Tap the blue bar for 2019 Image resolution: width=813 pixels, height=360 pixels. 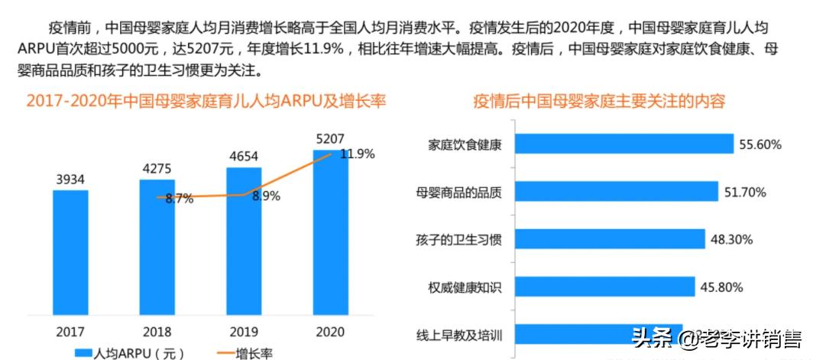(x=244, y=241)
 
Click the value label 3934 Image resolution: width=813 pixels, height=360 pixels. (x=70, y=180)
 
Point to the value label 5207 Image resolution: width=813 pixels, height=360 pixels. (x=330, y=139)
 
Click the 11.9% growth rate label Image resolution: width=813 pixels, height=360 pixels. (x=357, y=154)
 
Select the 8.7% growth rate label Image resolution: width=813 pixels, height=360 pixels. (x=179, y=199)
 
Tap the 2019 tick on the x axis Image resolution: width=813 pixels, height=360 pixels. (x=244, y=332)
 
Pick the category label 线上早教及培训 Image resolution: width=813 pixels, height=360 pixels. (x=458, y=335)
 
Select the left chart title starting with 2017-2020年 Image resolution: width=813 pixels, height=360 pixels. (x=206, y=102)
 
